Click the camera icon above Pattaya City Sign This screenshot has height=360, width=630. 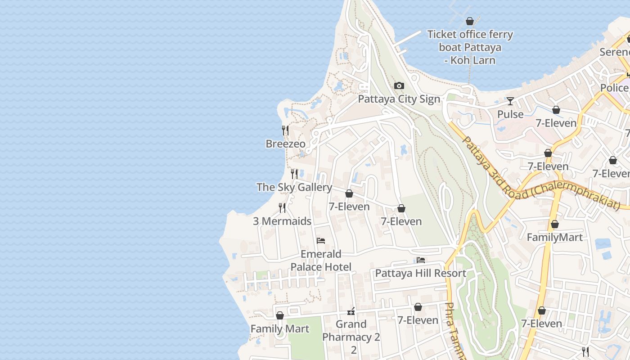(399, 86)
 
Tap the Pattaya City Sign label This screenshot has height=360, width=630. (399, 99)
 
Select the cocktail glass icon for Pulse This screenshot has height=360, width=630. (510, 101)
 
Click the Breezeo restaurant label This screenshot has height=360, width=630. (285, 144)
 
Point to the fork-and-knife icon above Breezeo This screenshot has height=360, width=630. (285, 130)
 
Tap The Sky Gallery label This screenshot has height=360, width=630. (294, 187)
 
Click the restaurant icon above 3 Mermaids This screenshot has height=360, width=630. (282, 207)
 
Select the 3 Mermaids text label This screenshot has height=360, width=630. (282, 221)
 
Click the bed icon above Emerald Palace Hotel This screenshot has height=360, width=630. (321, 241)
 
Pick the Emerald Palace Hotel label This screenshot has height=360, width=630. (321, 261)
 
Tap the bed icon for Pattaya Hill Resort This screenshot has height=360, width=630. (421, 260)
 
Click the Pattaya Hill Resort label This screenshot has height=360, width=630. (421, 273)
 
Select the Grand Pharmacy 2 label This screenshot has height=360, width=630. (351, 331)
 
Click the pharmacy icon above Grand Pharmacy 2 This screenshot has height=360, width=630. (351, 311)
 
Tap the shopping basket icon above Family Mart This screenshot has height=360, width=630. (280, 315)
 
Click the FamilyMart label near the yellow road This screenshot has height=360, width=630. (554, 237)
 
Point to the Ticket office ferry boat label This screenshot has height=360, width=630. (470, 47)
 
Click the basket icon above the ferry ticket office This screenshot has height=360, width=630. (470, 21)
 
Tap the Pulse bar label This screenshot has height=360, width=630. (510, 114)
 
